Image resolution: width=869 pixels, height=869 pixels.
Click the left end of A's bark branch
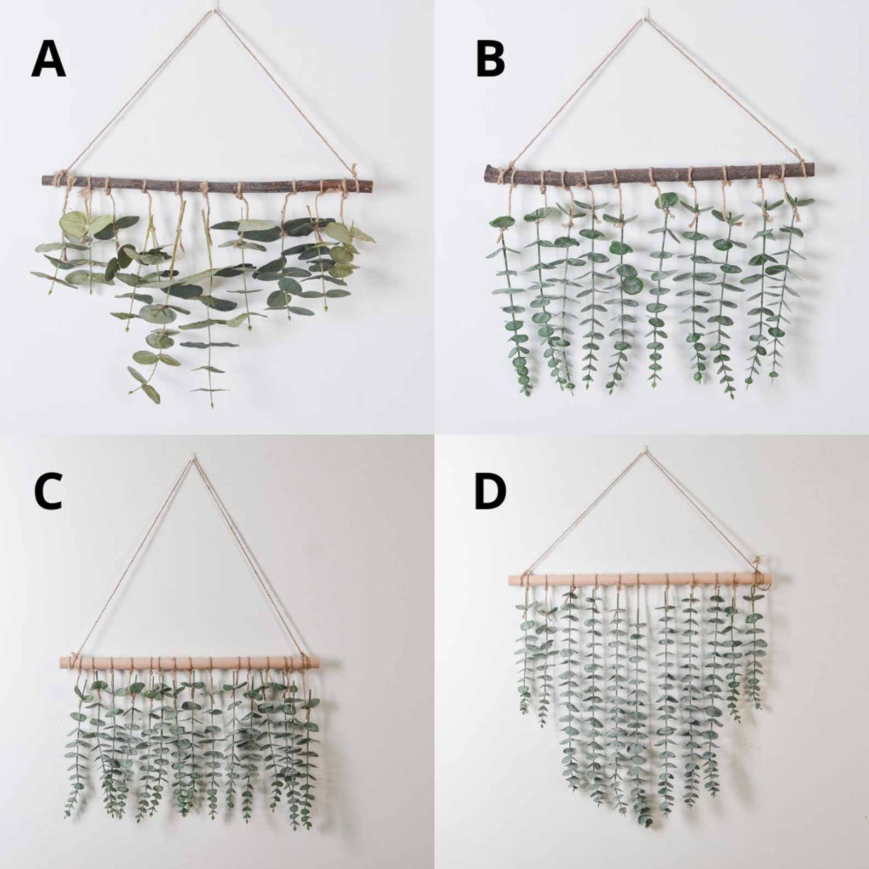point(44,179)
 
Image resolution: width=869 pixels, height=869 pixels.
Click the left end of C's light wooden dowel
point(62,662)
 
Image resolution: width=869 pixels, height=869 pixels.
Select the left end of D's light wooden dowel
point(511,580)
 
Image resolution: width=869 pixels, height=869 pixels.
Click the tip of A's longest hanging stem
point(212,405)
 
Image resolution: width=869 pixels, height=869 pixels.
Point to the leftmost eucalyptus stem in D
point(524,657)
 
